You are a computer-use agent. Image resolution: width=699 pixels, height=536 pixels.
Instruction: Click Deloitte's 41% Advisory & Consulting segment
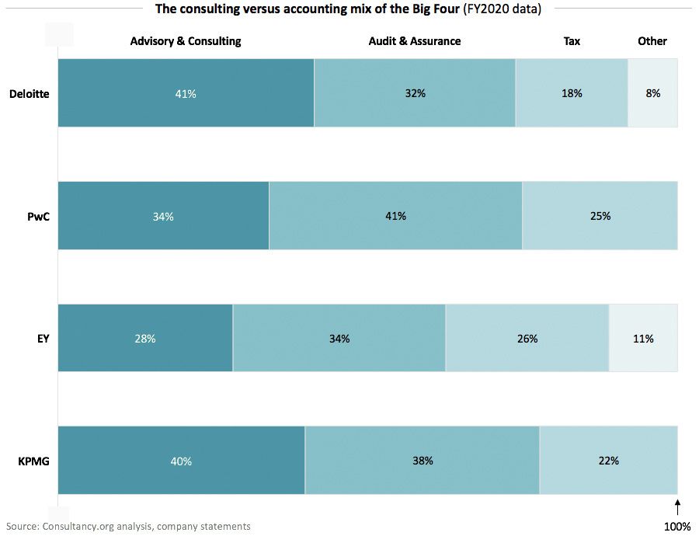186,93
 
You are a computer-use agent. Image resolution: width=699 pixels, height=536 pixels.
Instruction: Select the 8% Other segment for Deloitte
652,93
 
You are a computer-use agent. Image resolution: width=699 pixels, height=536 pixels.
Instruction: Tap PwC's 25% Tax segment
600,216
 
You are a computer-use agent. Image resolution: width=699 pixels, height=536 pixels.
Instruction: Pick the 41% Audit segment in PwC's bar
395,216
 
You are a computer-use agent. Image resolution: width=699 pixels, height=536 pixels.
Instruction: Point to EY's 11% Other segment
643,339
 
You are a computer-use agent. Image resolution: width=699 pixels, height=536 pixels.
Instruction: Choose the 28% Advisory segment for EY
145,339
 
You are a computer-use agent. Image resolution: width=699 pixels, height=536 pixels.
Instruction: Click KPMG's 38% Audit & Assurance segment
422,461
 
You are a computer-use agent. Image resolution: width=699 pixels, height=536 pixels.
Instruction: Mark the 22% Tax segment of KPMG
608,461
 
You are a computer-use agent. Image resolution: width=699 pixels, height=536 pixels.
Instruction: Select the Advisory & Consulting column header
186,40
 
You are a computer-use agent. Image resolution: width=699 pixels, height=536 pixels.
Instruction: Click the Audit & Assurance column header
414,40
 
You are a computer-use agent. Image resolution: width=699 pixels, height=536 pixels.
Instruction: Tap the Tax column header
572,40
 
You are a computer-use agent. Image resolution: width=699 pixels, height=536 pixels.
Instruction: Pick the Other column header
652,40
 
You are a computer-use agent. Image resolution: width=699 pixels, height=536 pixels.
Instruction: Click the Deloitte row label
29,94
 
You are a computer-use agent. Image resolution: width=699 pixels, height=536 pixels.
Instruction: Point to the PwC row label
38,216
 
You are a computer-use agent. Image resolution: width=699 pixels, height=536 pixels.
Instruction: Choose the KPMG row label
33,461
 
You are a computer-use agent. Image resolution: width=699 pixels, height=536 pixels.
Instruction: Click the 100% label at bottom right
677,526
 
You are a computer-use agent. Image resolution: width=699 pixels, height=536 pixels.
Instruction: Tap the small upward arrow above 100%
678,507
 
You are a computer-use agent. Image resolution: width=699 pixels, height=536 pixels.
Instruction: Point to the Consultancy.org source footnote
127,526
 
